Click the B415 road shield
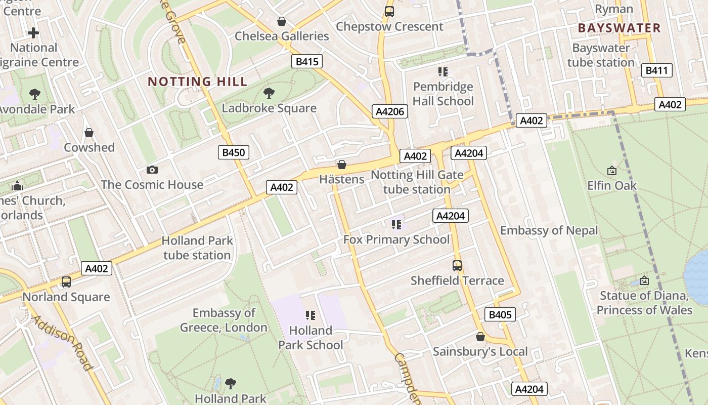coord(307,62)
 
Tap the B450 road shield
coord(234,152)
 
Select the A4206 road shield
coord(390,111)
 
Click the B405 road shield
coord(500,314)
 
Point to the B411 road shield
coord(657,70)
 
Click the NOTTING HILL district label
coord(198,82)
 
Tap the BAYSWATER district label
coord(619,28)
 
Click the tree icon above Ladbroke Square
coord(269,93)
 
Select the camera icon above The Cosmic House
coord(152,170)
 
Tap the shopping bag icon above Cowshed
coord(89,133)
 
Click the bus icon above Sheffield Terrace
coord(457,265)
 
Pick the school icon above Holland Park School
coord(311,315)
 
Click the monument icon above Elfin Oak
coord(612,171)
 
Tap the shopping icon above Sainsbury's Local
coord(480,337)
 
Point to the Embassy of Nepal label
coord(549,231)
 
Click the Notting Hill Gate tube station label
coord(417,182)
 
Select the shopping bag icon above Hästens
coord(342,165)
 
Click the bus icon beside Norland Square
coord(66,281)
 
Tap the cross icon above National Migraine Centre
coord(33,33)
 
